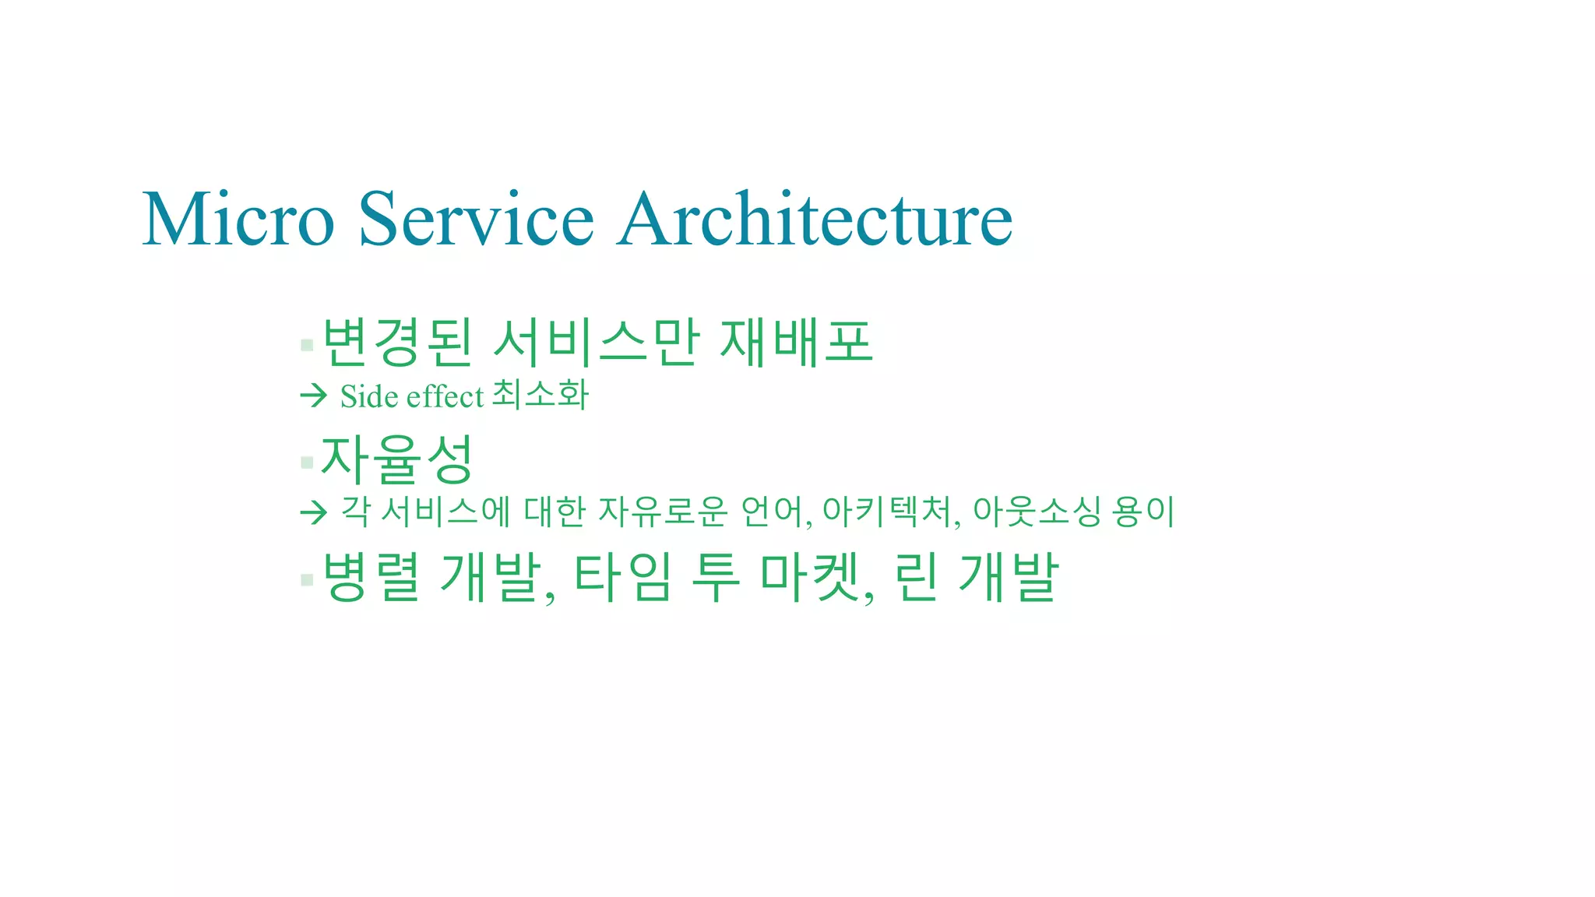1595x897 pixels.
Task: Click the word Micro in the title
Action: tap(238, 220)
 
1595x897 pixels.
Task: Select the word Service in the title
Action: tap(476, 220)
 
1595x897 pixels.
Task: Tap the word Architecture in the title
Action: tap(815, 220)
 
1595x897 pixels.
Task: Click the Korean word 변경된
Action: tap(397, 343)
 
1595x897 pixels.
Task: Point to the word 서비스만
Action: tap(597, 343)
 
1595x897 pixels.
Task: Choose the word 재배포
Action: tap(796, 343)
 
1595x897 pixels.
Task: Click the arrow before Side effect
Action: tap(313, 396)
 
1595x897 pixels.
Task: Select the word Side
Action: tap(369, 396)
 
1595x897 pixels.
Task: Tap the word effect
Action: tap(445, 396)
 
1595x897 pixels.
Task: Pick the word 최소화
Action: tap(541, 395)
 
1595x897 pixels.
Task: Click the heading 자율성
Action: tap(397, 459)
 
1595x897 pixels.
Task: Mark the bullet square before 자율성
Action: tap(307, 463)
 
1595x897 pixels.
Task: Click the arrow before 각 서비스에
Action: tap(313, 512)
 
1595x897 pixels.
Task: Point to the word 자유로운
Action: tap(663, 512)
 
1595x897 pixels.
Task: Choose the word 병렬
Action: tap(371, 577)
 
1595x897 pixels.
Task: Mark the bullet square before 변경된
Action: tap(307, 345)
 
